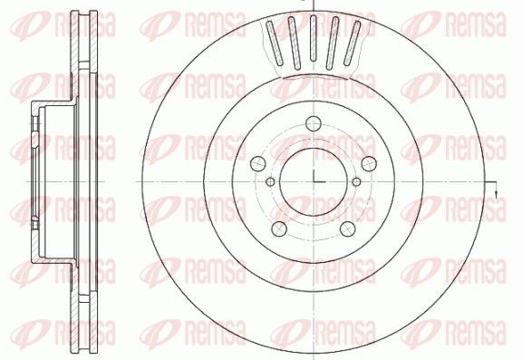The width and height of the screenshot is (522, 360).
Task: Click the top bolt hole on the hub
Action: [x=314, y=123]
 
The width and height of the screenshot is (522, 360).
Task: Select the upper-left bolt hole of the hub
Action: [x=258, y=163]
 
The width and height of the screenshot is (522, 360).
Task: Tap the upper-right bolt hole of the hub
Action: [x=369, y=163]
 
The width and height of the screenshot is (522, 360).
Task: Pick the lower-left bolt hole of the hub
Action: [x=279, y=229]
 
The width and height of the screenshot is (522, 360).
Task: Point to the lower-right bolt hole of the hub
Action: [x=348, y=229]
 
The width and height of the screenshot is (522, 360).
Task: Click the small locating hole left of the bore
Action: [x=271, y=182]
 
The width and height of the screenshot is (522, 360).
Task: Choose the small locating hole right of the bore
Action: [x=356, y=182]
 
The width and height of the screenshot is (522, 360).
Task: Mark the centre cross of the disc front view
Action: [x=314, y=182]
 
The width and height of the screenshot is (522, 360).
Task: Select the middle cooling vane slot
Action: [x=313, y=38]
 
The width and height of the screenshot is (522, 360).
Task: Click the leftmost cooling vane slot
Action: [x=275, y=44]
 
